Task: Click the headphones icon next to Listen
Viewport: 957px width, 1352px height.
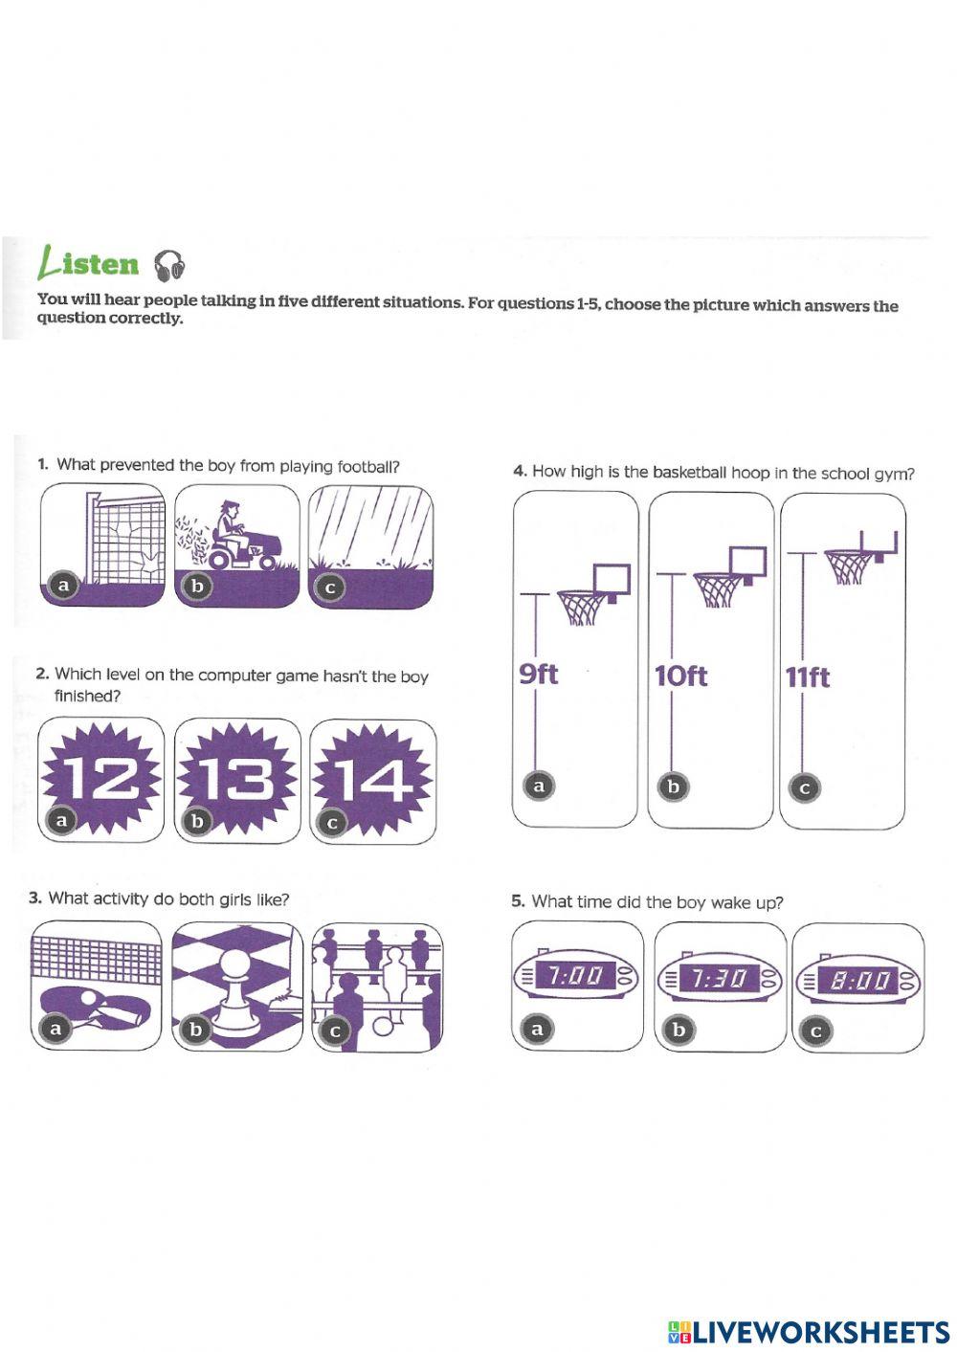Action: [169, 266]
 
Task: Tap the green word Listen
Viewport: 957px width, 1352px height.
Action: [88, 264]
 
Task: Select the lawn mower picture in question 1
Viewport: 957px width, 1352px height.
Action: [236, 545]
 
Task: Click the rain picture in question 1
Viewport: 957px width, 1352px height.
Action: [370, 547]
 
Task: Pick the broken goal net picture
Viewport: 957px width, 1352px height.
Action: [102, 544]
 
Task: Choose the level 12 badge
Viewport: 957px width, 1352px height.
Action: [100, 780]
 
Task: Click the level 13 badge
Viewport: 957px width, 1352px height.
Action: [237, 781]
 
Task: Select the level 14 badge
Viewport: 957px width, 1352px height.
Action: [373, 782]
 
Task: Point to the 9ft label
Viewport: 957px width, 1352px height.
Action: [539, 674]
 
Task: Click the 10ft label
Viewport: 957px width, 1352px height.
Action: [680, 676]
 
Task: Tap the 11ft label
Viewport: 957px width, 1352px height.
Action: [808, 677]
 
